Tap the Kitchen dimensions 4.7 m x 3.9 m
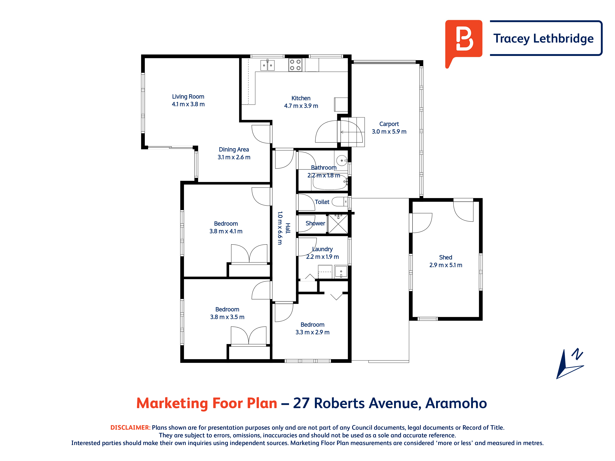(301, 106)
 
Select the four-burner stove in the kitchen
(295, 65)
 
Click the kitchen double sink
(268, 65)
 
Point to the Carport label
(389, 124)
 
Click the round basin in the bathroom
(342, 161)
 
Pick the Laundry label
(323, 249)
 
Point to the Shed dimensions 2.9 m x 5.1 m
(446, 265)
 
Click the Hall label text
(288, 228)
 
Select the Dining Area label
(234, 150)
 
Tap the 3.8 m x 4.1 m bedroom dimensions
(226, 231)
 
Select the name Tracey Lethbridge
(543, 38)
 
